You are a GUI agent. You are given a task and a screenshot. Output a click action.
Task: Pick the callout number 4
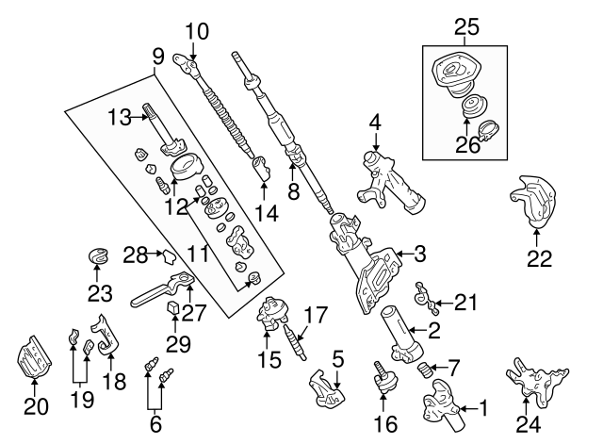point(375,123)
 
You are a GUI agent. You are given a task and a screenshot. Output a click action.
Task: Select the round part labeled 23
point(98,255)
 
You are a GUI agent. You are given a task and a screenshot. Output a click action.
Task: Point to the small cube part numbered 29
point(175,308)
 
